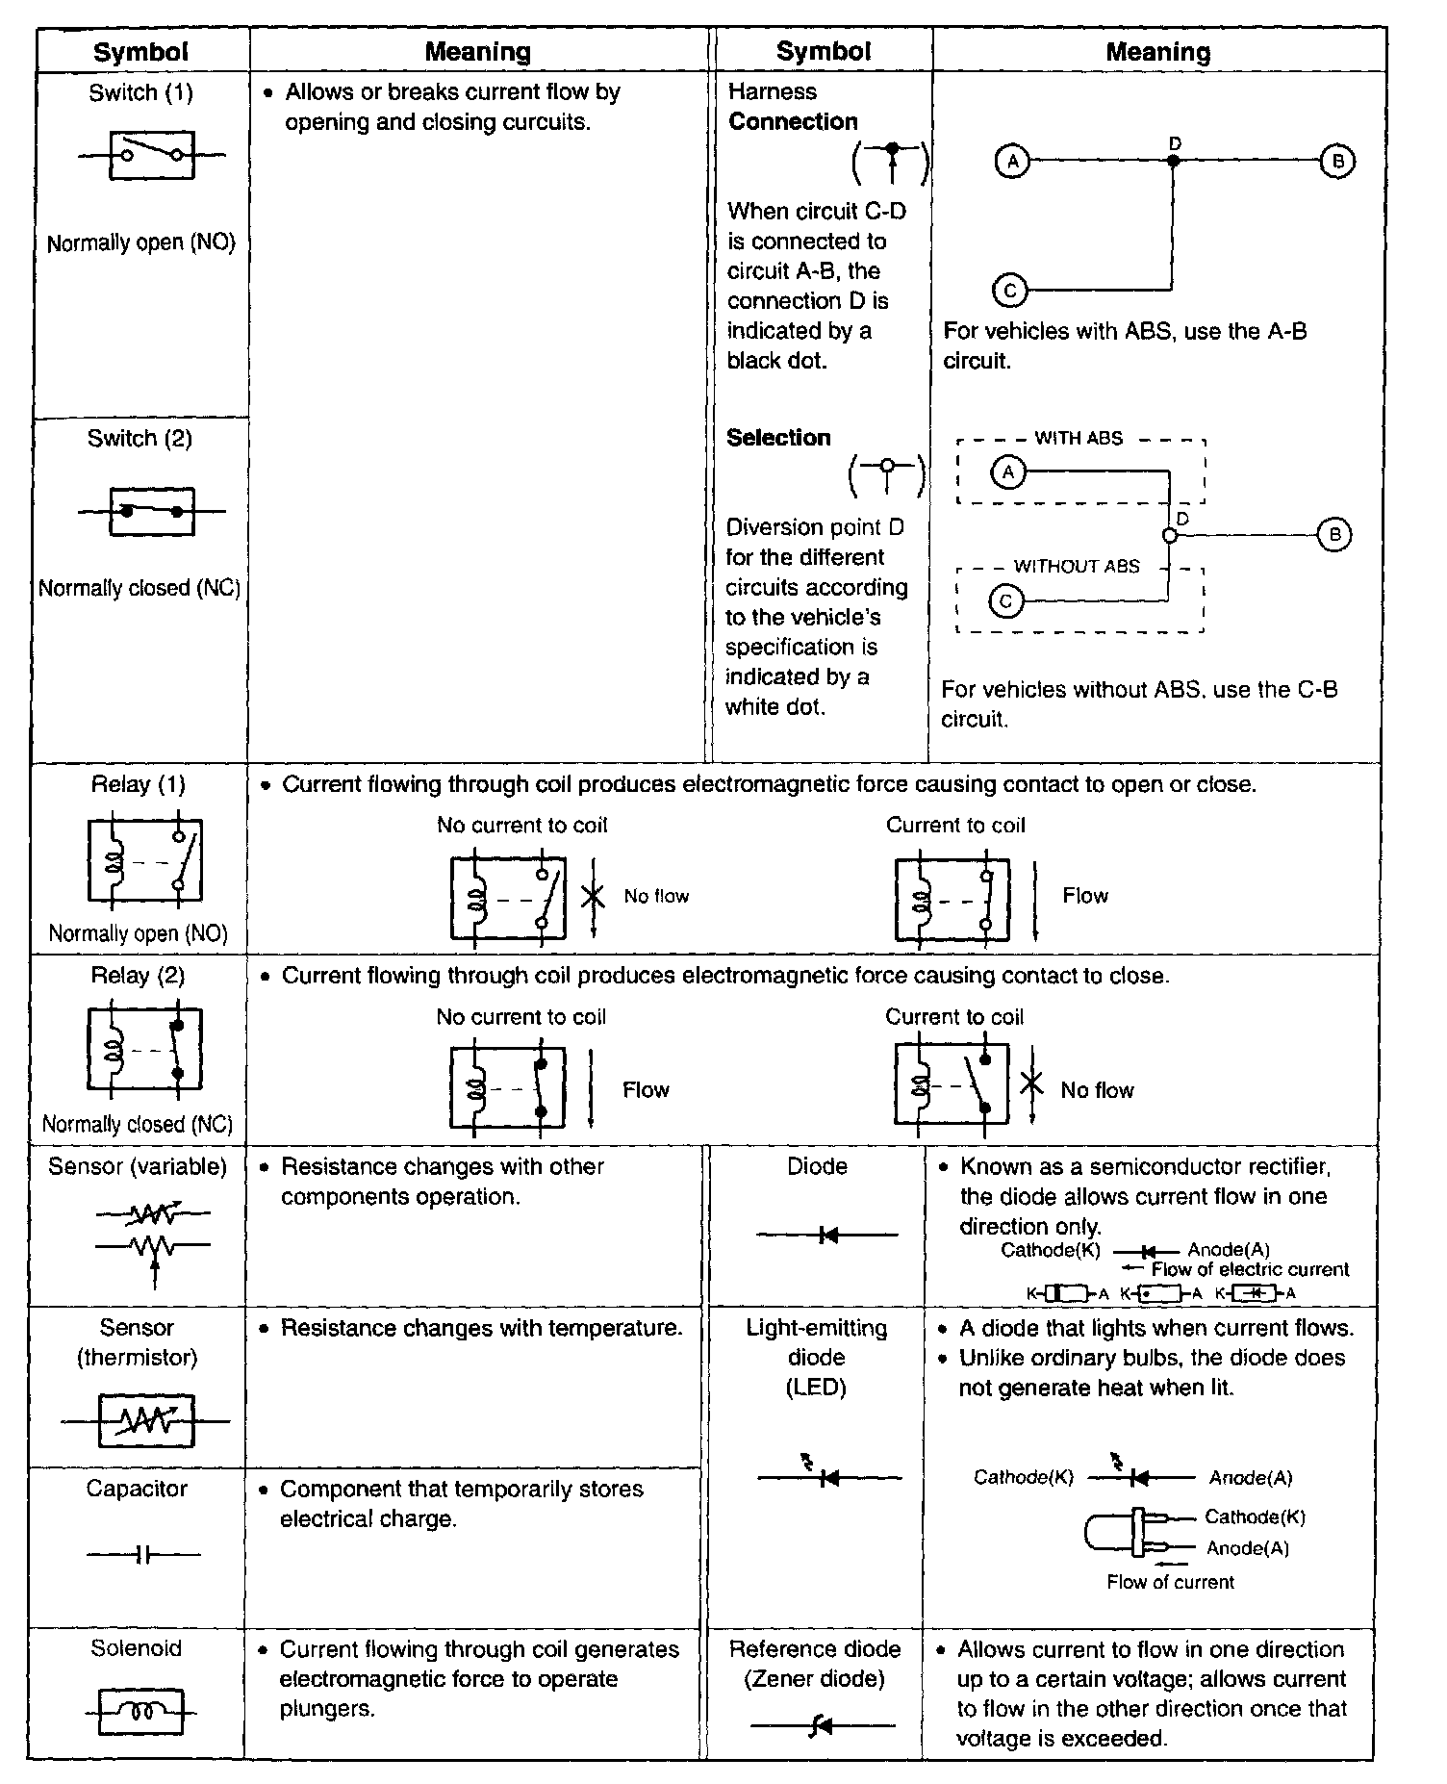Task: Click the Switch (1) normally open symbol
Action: click(152, 155)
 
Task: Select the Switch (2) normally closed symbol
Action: click(152, 511)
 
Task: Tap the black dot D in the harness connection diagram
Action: click(1173, 161)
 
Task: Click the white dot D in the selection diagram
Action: click(1169, 535)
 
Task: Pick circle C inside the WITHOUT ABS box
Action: click(1006, 602)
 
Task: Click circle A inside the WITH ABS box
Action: click(1008, 472)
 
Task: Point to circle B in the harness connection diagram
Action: click(1337, 161)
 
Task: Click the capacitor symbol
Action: click(143, 1554)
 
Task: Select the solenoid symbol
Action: click(140, 1713)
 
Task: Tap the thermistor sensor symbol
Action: click(146, 1420)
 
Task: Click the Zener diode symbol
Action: click(821, 1726)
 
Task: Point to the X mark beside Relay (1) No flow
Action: click(594, 896)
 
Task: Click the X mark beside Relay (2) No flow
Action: click(1031, 1085)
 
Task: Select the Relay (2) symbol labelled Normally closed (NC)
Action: click(144, 1050)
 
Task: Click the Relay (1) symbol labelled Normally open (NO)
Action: click(144, 860)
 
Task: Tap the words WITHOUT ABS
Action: click(1077, 567)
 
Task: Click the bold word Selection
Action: click(778, 438)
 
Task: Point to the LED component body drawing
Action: click(1121, 1533)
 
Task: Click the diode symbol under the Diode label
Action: click(826, 1235)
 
